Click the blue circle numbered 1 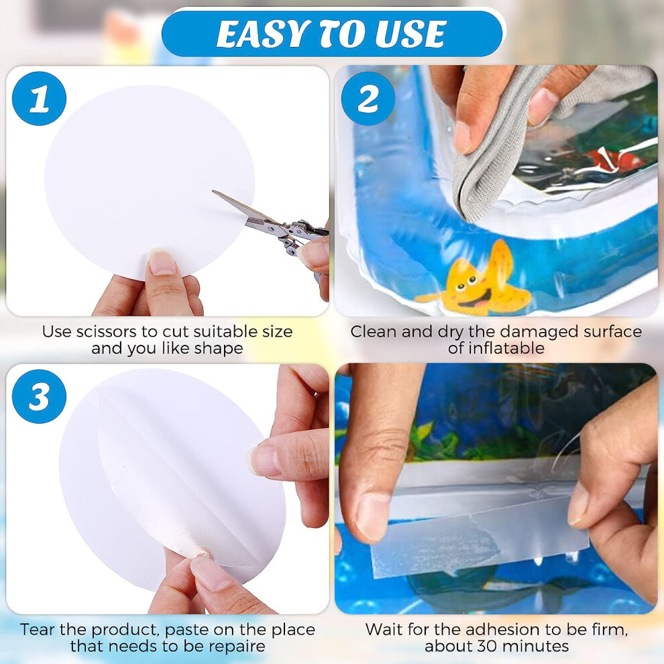pyautogui.click(x=39, y=99)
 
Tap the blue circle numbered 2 pyautogui.click(x=368, y=99)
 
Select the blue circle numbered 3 pyautogui.click(x=39, y=396)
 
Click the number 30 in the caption pyautogui.click(x=486, y=647)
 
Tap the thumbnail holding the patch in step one pyautogui.click(x=162, y=262)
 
